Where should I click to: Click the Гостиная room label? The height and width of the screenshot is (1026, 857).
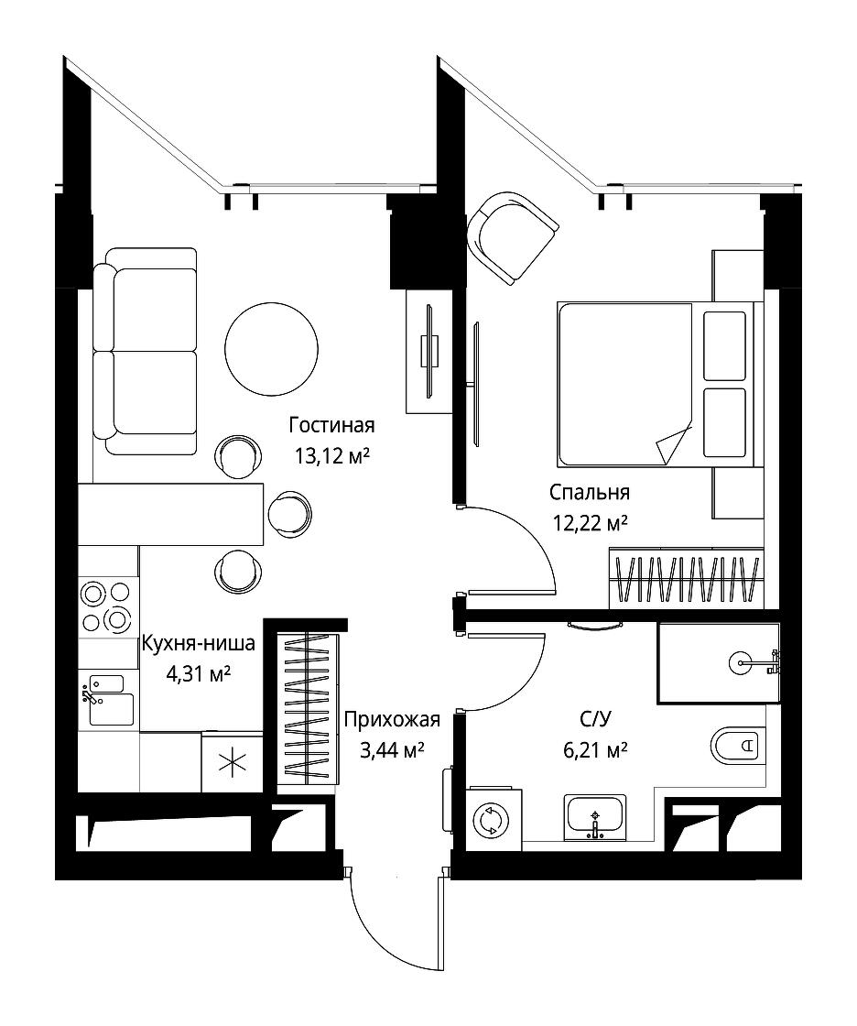coord(331,425)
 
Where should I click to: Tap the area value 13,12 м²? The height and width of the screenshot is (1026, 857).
coord(331,455)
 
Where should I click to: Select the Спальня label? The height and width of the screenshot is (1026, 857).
coord(590,492)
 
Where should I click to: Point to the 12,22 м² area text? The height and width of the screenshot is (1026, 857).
coord(590,523)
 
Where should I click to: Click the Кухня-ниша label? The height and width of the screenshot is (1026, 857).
coord(198,644)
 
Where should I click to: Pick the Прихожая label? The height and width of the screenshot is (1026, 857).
coord(392,720)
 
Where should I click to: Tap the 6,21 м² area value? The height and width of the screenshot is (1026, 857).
coord(595,749)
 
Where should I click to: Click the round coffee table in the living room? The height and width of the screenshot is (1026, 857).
coord(271,348)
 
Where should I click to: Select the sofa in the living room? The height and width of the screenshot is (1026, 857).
coord(145,352)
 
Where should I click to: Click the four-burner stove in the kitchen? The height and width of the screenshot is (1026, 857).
coord(105,607)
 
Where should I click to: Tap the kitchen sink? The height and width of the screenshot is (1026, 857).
coord(104,700)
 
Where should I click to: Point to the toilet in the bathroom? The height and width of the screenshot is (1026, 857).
coord(737,746)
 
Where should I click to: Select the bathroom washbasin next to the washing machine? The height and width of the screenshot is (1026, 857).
coord(594,818)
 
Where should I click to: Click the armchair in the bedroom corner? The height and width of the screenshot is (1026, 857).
coord(513,237)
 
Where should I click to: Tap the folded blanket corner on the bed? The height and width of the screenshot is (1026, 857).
coord(672,445)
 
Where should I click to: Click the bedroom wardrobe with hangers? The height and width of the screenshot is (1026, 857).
coord(687,578)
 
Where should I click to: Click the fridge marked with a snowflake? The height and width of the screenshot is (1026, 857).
coord(233,763)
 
